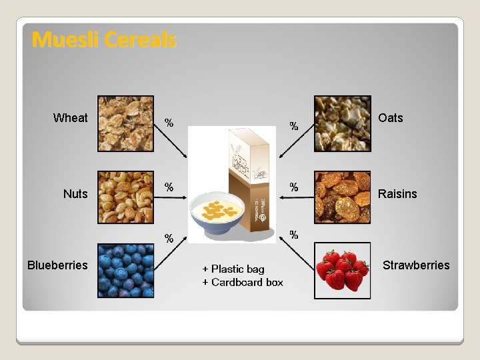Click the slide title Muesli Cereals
[104, 40]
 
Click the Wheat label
[70, 118]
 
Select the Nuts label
[75, 194]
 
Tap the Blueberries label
[57, 265]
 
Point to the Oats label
[390, 118]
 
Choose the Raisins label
[397, 194]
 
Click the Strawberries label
[416, 265]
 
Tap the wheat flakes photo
[125, 123]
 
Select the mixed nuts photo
[125, 197]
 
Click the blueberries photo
[125, 270]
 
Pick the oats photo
[342, 123]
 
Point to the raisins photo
[342, 197]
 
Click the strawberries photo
[342, 270]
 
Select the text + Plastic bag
[233, 269]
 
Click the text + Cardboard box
[243, 283]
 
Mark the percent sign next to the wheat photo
[169, 123]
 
